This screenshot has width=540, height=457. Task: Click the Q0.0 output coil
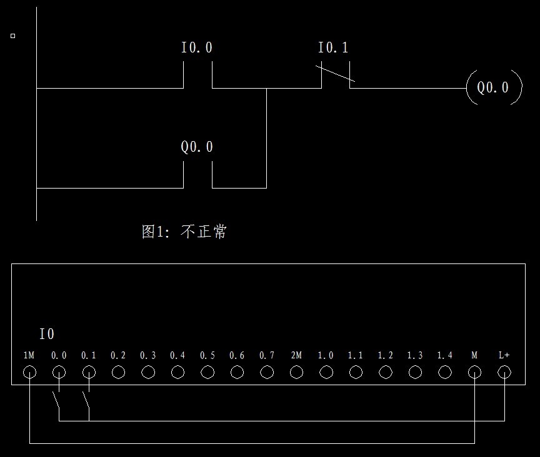tap(493, 87)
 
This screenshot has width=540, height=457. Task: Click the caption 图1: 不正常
tap(184, 232)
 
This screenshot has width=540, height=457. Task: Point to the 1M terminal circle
tap(29, 373)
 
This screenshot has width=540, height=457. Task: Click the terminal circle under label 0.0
tap(59, 373)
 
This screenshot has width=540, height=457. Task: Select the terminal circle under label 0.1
tap(89, 373)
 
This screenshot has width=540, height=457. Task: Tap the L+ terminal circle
tap(504, 373)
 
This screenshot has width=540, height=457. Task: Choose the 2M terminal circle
tap(296, 373)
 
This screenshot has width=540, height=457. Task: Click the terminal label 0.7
tap(267, 355)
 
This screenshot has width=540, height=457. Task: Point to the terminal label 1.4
tap(444, 355)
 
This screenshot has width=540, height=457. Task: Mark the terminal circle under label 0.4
tap(177, 373)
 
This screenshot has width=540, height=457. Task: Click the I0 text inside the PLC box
tap(47, 335)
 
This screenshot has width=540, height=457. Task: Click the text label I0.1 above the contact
tap(333, 48)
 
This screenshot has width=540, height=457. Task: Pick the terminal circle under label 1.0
tap(326, 373)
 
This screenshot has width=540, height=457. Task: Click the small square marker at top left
tap(12, 36)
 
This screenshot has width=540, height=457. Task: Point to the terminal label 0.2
tap(118, 355)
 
